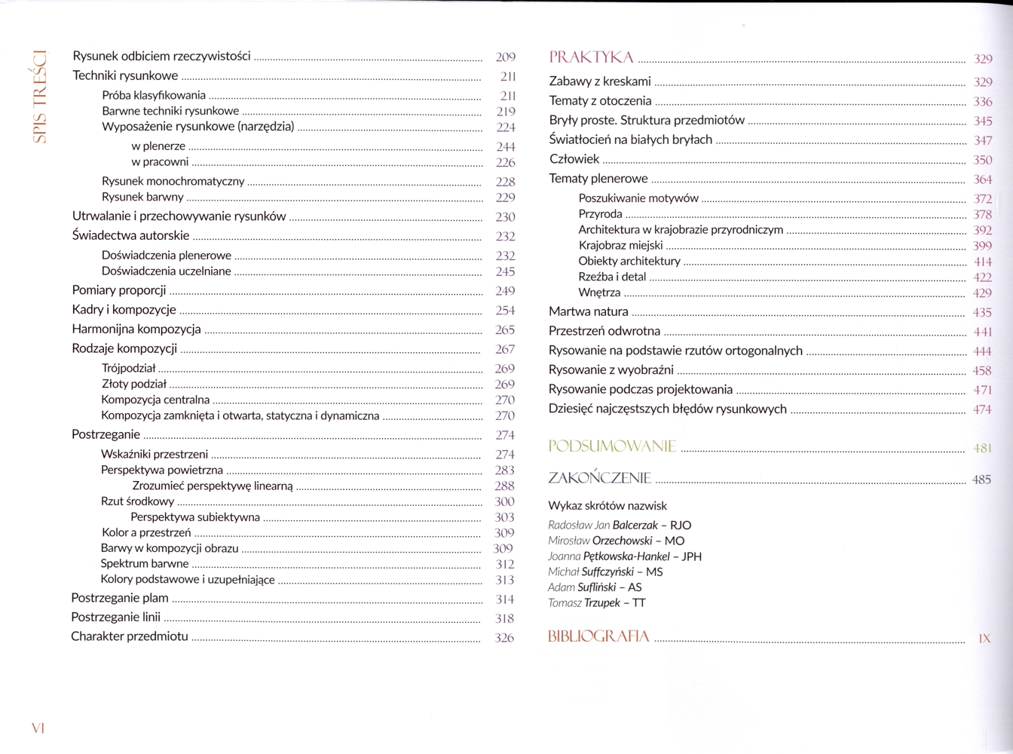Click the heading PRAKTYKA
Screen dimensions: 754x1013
[x=591, y=57]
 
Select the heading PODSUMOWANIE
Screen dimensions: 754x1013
[x=612, y=446]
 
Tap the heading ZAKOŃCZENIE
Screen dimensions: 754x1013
[x=599, y=478]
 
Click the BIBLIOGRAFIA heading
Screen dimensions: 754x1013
[x=598, y=637]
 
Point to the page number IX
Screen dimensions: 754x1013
[x=984, y=639]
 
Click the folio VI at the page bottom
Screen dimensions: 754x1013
[x=38, y=728]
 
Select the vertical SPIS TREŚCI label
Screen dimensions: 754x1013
[x=40, y=97]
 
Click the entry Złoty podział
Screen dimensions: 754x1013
[x=134, y=385]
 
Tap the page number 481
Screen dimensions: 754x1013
[x=982, y=448]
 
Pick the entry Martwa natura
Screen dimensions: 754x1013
[x=588, y=311]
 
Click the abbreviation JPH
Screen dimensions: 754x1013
[x=691, y=556]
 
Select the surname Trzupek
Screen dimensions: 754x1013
[x=602, y=603]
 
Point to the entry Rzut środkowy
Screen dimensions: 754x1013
[x=137, y=501]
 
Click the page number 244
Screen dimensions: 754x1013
[x=506, y=147]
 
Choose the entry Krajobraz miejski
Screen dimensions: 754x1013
[x=620, y=246]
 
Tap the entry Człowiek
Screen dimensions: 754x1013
[x=574, y=159]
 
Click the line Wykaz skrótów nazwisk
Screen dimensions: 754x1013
[x=607, y=506]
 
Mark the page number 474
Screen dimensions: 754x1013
[x=982, y=409]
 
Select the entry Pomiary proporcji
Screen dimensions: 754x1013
[x=119, y=290]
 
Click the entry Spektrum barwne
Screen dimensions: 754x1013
[x=145, y=564]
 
